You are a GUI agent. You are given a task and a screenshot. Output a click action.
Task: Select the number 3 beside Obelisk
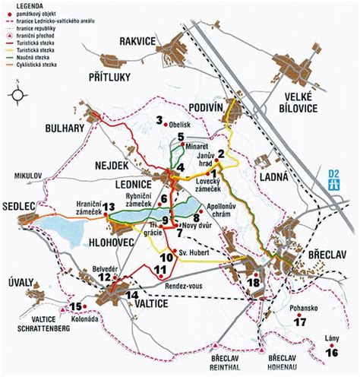(x=159, y=120)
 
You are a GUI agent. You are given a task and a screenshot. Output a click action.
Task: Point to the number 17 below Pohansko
(x=301, y=322)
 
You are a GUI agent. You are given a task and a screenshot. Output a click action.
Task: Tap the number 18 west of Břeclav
(x=254, y=284)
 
